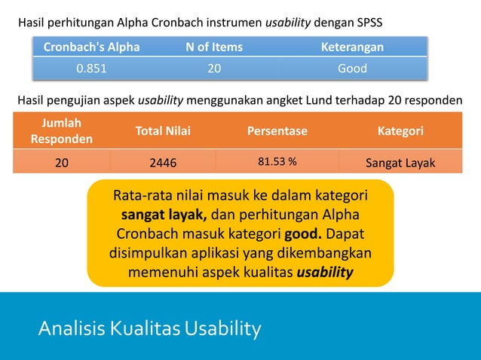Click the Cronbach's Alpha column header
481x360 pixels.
(91, 47)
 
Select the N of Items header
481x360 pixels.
(214, 47)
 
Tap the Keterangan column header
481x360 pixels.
(351, 47)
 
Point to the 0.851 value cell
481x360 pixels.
(91, 69)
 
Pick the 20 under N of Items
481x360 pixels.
(214, 69)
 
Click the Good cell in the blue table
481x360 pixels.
(351, 69)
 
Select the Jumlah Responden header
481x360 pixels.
(62, 130)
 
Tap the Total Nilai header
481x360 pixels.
(163, 131)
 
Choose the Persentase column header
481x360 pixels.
(277, 131)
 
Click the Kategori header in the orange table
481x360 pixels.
(400, 131)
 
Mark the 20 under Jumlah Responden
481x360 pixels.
(62, 161)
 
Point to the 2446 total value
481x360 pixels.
(163, 161)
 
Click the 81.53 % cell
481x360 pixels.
(277, 160)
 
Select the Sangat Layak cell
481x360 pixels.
(400, 161)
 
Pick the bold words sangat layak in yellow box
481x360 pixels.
(158, 215)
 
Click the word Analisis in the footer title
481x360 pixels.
(71, 329)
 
